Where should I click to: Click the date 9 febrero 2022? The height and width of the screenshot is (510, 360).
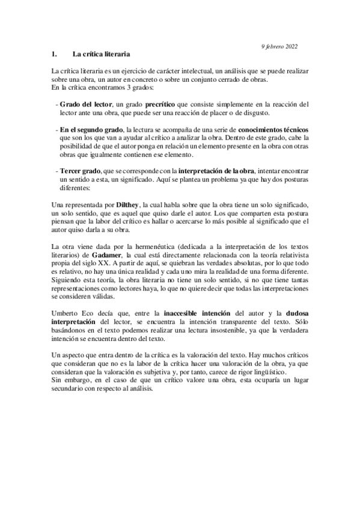[x=278, y=46]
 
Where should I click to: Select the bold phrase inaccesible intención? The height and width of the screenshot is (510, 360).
[x=193, y=313]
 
